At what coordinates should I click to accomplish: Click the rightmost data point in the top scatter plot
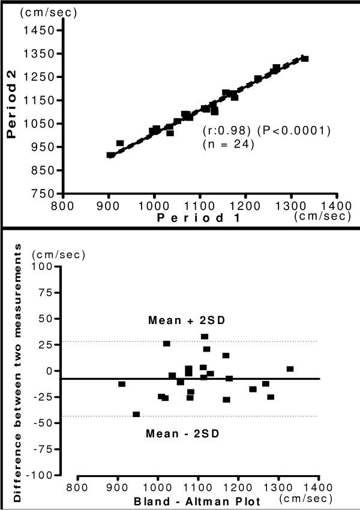[x=305, y=59]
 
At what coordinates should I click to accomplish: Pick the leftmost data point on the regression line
[x=111, y=155]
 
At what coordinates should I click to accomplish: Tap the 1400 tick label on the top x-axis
[x=337, y=205]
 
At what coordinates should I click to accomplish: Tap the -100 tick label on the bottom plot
[x=41, y=475]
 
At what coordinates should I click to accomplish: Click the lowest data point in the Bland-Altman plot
[x=136, y=415]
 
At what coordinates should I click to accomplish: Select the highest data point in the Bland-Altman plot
[x=205, y=337]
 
